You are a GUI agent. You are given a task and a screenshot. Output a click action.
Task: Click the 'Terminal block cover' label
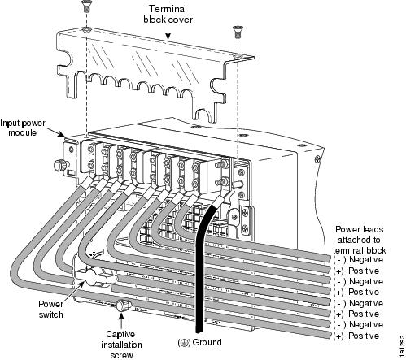[x=168, y=14]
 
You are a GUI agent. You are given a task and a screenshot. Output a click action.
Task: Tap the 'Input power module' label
[x=23, y=128]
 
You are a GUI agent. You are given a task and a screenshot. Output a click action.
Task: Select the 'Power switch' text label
[x=50, y=309]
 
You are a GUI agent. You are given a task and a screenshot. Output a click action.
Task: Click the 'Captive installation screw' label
[x=121, y=345]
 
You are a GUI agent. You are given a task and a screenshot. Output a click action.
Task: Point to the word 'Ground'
[x=207, y=342]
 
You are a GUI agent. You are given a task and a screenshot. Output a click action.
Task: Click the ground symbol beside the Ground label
[x=184, y=343]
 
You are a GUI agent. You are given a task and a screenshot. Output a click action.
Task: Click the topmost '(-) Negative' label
[x=358, y=259]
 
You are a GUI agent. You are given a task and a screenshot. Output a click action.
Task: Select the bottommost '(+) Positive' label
[x=356, y=336]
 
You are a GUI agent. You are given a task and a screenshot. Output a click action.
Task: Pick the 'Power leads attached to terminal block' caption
[x=359, y=240]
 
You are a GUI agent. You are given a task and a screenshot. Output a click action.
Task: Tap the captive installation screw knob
[x=124, y=306]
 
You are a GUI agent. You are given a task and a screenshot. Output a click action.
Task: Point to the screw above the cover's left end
[x=86, y=6]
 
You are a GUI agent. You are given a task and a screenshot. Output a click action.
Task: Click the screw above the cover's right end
[x=238, y=31]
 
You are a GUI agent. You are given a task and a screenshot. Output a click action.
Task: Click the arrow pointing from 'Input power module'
[x=55, y=132]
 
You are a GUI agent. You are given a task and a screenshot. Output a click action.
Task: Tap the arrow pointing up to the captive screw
[x=121, y=320]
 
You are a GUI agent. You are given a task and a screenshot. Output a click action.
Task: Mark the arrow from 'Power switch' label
[x=73, y=290]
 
